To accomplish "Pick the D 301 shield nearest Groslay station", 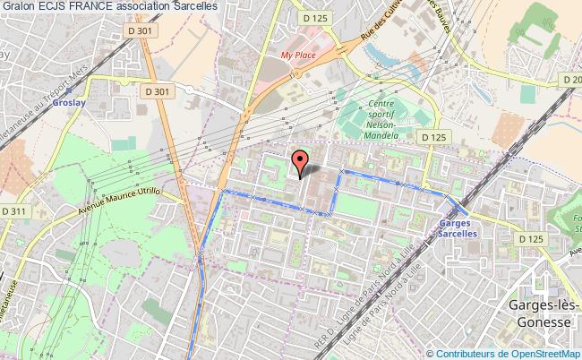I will (x=156, y=90).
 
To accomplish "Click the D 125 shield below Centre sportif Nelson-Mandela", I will (x=432, y=137).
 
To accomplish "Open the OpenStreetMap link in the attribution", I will (x=540, y=353).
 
